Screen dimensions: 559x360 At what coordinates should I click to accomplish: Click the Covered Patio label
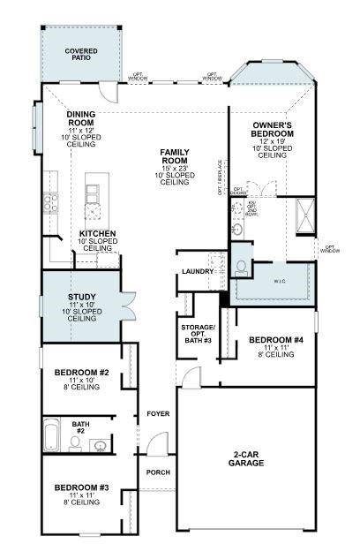point(80,55)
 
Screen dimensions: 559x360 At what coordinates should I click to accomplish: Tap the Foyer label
point(157,413)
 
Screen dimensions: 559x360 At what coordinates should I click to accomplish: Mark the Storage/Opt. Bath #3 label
point(195,333)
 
